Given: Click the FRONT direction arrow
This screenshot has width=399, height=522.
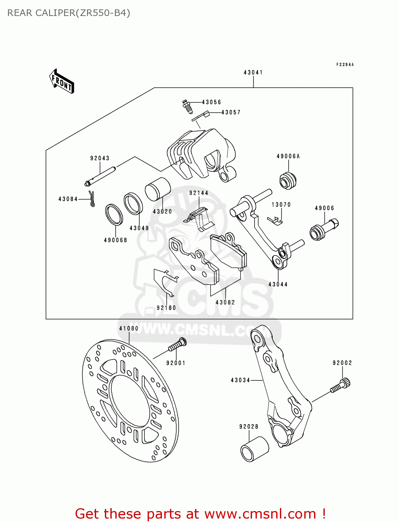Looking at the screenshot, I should [62, 81].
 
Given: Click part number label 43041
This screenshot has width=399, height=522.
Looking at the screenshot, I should [253, 72].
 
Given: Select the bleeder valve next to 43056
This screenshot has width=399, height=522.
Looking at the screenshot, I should [187, 106].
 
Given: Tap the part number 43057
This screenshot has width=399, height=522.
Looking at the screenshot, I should [231, 112].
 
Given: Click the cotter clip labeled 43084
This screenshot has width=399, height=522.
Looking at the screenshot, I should [92, 199].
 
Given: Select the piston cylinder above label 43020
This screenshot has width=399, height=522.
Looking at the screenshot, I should [158, 189].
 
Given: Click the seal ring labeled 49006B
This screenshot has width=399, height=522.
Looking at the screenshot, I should [114, 215].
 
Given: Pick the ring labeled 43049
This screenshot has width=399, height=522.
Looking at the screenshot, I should [133, 203].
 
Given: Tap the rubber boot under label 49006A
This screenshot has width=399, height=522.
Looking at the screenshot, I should [288, 180].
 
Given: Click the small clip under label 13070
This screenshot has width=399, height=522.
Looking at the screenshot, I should [275, 221].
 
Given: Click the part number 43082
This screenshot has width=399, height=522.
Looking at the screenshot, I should [225, 302].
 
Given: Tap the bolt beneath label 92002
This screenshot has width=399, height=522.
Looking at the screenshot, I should [341, 386].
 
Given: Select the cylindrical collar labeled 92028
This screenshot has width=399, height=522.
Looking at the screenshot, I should [254, 449].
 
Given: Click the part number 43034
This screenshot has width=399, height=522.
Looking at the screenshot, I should [240, 380].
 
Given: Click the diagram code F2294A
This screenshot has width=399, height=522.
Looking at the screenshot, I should [345, 65].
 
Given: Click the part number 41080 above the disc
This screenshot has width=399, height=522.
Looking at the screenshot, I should [129, 329].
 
